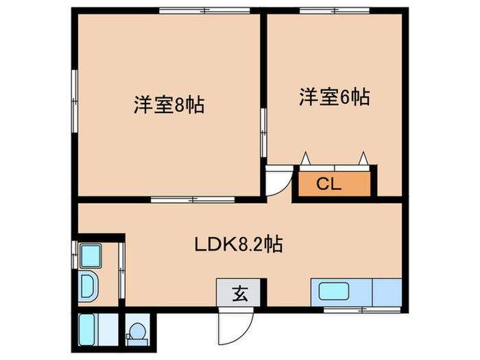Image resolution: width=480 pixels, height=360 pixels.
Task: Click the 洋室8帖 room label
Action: [169, 106]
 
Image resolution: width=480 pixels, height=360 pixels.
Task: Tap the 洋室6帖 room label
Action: [334, 98]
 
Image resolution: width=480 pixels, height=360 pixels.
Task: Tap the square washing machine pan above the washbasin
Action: [91, 256]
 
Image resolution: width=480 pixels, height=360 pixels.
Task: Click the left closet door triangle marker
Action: [307, 159]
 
